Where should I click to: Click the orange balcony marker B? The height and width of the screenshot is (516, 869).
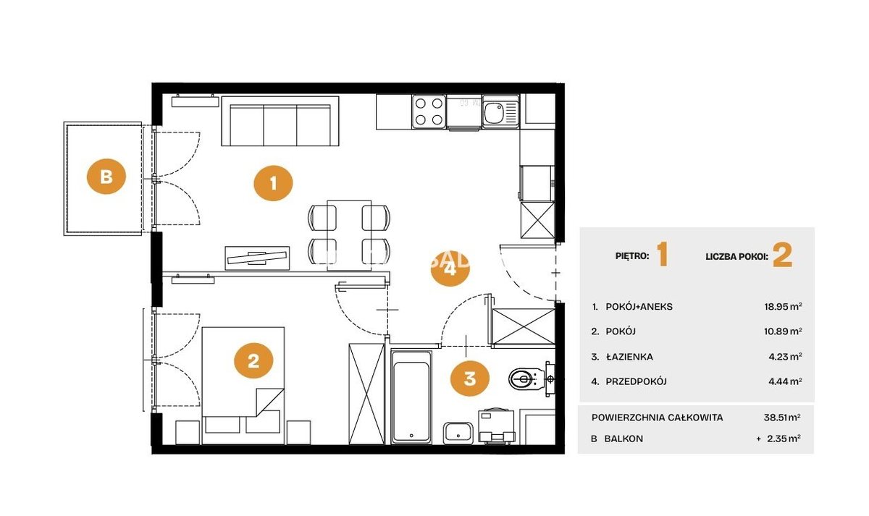[x=106, y=177]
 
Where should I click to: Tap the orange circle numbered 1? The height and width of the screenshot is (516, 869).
[x=273, y=183]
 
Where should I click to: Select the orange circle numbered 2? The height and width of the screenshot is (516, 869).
[x=253, y=360]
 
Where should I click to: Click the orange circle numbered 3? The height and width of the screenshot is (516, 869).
[x=469, y=378]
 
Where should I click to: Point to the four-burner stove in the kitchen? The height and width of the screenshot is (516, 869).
[x=429, y=111]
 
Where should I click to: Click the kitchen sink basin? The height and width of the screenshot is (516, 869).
[x=494, y=112]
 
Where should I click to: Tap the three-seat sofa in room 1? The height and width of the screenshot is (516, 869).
[x=280, y=121]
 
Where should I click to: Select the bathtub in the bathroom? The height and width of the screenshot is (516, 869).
[x=411, y=397]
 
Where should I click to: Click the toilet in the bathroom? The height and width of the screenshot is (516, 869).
[x=530, y=378]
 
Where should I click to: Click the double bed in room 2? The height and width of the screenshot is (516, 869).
[x=243, y=385]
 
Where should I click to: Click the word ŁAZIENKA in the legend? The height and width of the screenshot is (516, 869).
[x=629, y=357]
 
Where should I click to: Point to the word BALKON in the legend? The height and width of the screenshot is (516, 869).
[x=624, y=439]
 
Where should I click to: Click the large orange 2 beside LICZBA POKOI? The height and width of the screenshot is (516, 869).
[x=782, y=255]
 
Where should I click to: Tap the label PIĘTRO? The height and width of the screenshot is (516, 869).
[x=632, y=256]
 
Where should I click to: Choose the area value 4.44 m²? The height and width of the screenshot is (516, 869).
[x=785, y=381]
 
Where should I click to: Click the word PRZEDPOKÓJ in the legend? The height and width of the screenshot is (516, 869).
[x=637, y=381]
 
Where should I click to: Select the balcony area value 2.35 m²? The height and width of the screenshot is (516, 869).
[x=784, y=439]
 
